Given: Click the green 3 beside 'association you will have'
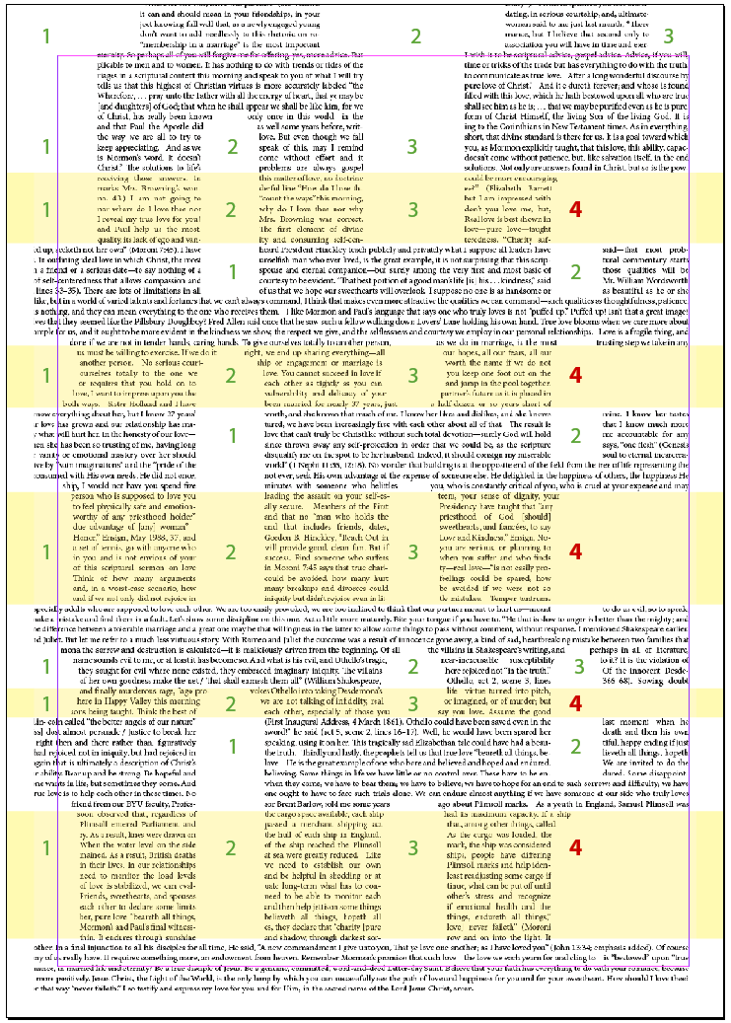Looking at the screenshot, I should pyautogui.click(x=669, y=37).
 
